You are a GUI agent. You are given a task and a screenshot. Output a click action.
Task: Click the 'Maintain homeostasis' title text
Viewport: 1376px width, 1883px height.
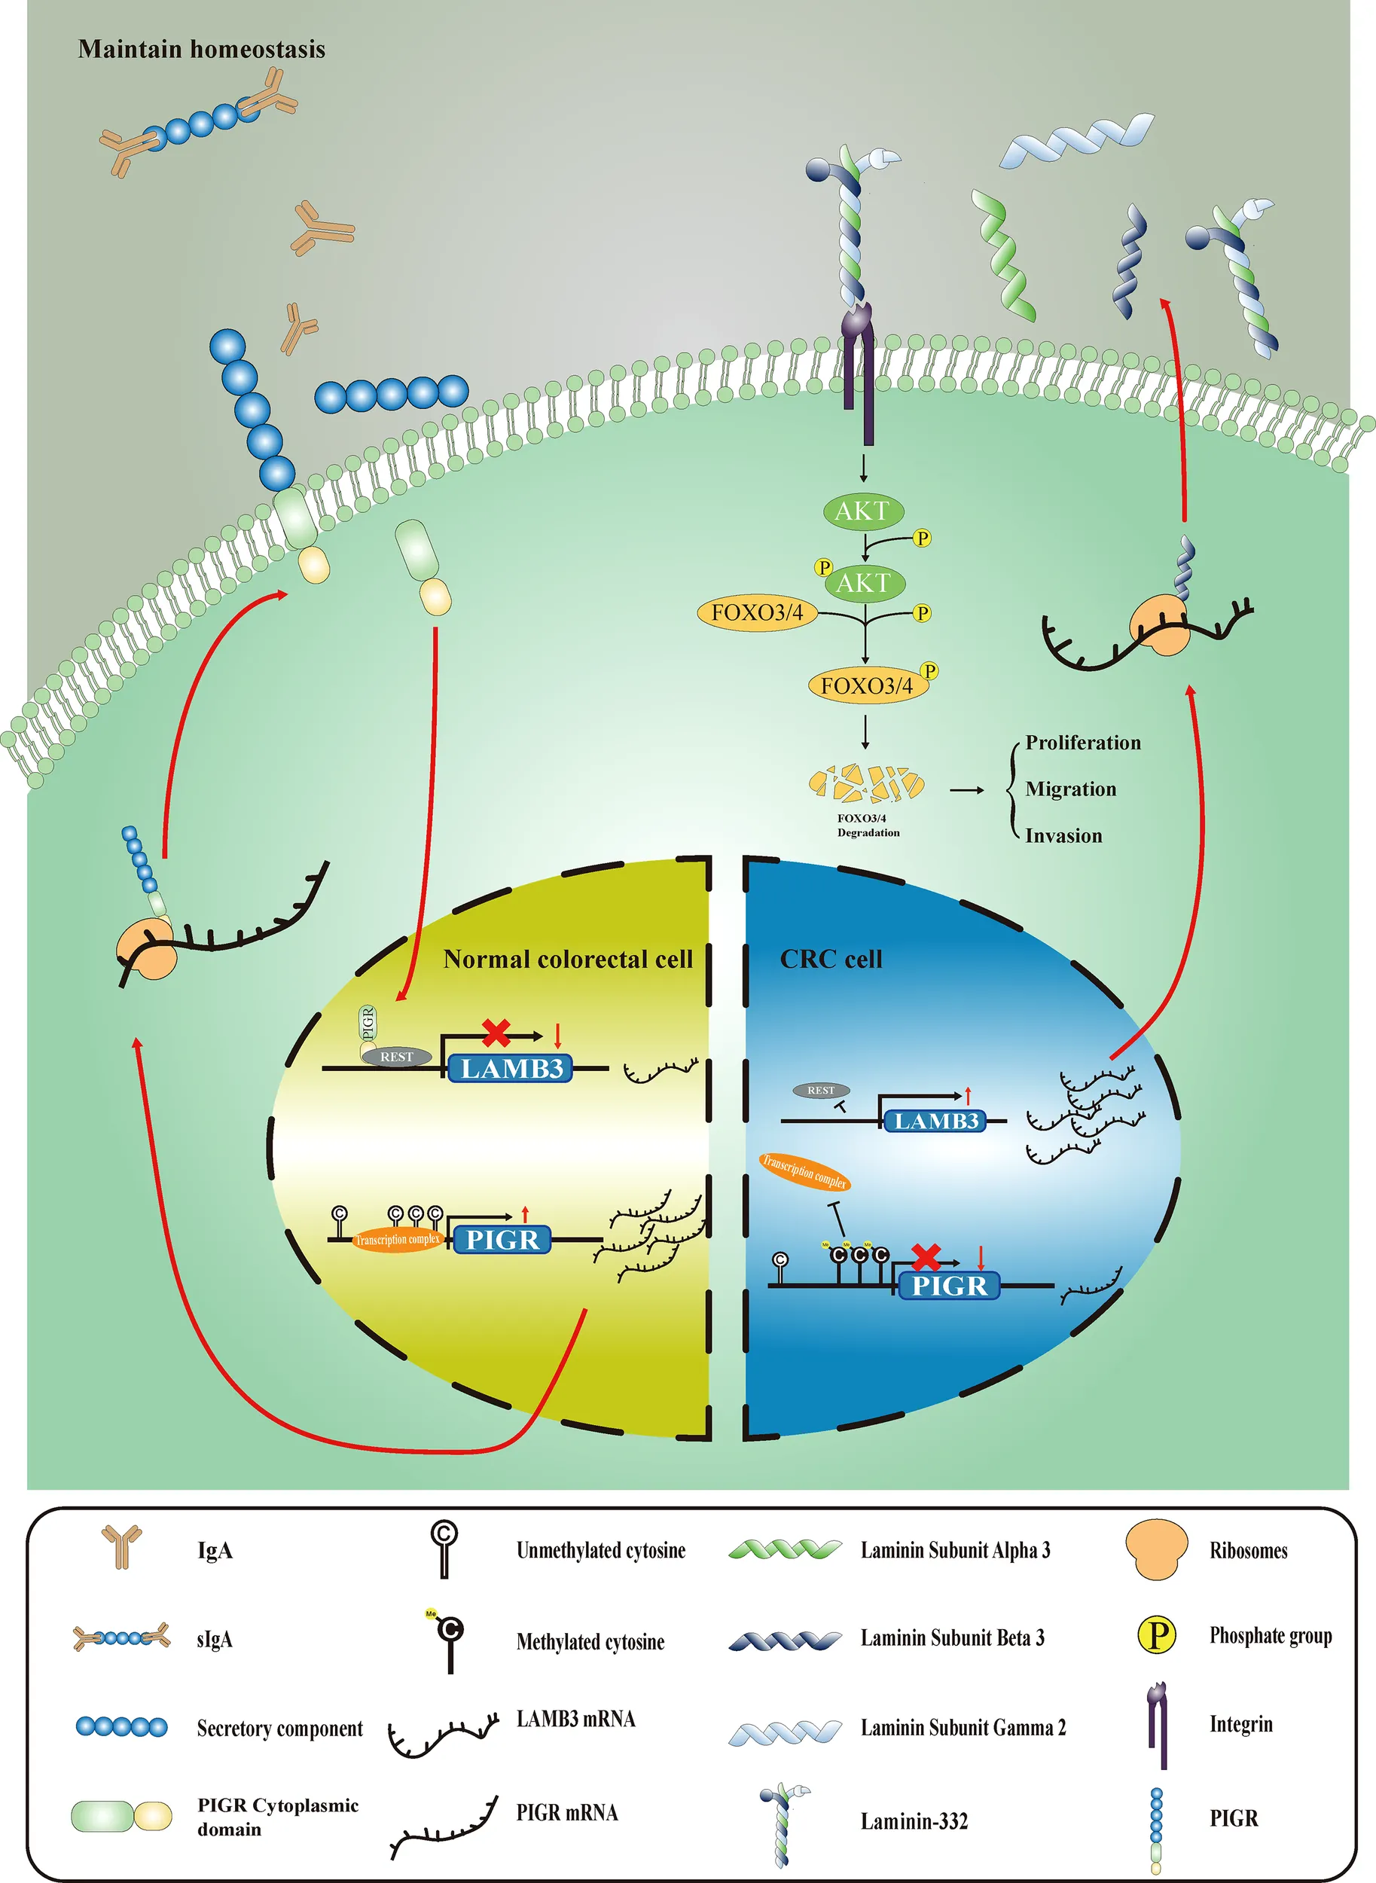tap(202, 49)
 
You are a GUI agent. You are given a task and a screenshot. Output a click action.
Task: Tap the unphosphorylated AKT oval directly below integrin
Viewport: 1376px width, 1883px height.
tap(863, 511)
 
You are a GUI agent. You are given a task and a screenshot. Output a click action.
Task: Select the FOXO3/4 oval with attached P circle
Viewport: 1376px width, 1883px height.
tap(866, 685)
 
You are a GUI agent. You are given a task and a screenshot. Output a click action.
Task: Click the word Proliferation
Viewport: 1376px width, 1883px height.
tap(1083, 742)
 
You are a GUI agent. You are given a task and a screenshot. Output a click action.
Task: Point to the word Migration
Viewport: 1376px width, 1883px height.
tap(1070, 789)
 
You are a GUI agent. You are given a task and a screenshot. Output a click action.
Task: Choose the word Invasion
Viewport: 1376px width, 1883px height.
tap(1063, 835)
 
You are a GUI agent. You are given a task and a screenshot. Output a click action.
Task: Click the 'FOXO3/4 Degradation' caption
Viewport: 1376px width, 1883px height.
tap(868, 826)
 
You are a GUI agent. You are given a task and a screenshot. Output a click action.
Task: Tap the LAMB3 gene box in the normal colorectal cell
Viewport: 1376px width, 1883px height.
tap(511, 1069)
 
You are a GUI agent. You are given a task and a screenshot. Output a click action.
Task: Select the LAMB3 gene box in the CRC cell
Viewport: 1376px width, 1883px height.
tap(935, 1121)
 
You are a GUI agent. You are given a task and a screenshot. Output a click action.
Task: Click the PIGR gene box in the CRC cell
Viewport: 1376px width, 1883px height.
tap(949, 1285)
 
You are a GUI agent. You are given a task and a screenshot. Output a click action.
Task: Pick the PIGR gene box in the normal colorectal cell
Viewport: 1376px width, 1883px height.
tap(502, 1239)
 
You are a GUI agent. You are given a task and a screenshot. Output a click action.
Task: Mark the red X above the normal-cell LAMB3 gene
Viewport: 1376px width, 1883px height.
tap(496, 1033)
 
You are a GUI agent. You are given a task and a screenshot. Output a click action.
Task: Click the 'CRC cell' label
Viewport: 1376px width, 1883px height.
tap(831, 960)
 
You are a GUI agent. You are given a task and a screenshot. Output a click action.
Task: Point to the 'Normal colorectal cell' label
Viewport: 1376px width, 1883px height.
tap(567, 960)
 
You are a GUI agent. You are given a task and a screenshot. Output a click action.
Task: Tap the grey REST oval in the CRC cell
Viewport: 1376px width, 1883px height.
tap(821, 1090)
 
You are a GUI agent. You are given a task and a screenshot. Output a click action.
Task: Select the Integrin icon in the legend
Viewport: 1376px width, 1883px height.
tap(1158, 1725)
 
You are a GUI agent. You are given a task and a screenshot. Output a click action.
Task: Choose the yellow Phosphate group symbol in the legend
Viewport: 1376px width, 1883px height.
tap(1157, 1634)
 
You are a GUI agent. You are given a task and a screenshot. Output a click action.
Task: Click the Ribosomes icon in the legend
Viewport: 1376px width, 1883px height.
tap(1156, 1550)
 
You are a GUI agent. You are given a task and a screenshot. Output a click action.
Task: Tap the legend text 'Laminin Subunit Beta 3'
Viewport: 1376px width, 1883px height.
tap(952, 1638)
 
